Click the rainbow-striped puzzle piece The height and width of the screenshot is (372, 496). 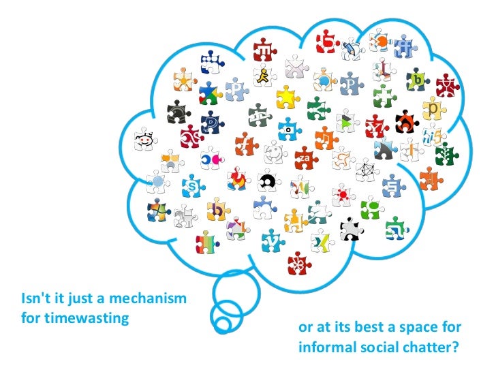(x=206, y=241)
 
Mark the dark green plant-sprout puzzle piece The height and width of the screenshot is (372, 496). (x=446, y=153)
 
